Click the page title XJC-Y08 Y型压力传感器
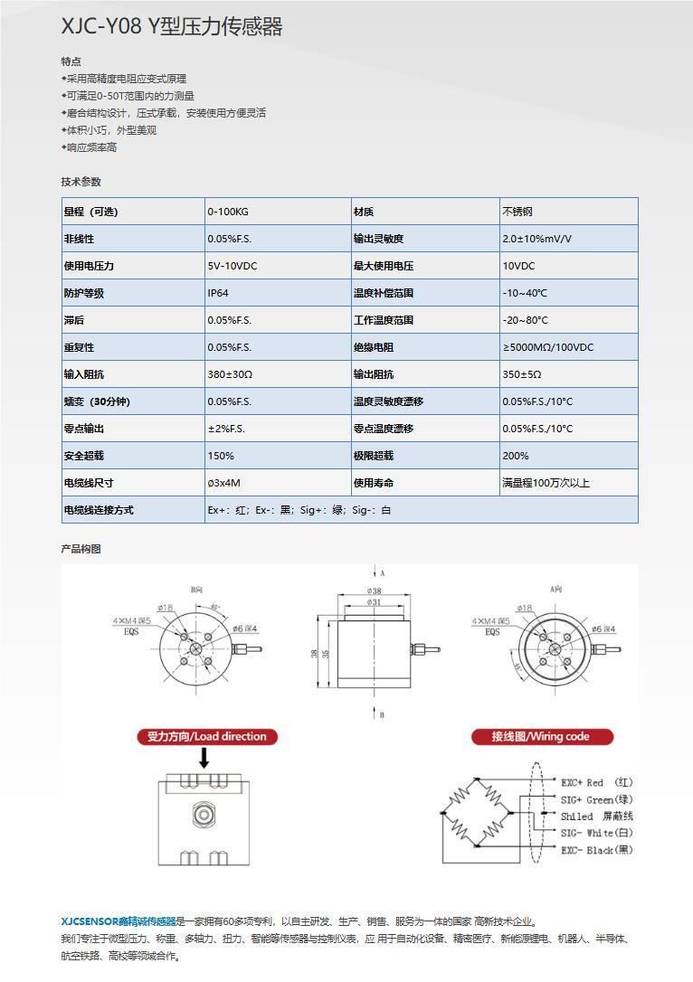pos(172,27)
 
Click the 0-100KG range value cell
pos(228,212)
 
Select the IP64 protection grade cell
pos(218,293)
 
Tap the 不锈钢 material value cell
pos(517,212)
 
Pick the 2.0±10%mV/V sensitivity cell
pos(536,239)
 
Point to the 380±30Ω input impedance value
pos(230,374)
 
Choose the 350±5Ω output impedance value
pos(522,374)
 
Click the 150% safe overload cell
pos(221,456)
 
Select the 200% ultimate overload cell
pos(516,456)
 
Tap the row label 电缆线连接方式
pos(99,510)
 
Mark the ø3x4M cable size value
pos(224,483)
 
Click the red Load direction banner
pos(207,736)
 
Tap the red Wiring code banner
pos(541,736)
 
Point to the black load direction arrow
pos(204,758)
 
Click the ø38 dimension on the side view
pos(374,591)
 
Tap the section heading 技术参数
pos(81,182)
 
